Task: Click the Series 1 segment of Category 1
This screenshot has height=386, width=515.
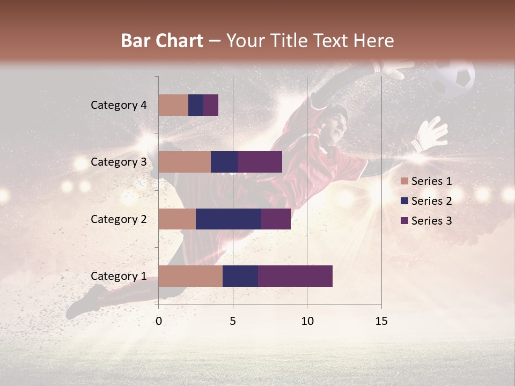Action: pyautogui.click(x=190, y=276)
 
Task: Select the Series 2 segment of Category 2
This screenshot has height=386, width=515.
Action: pyautogui.click(x=229, y=219)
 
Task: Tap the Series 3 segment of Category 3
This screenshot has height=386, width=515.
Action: pyautogui.click(x=260, y=162)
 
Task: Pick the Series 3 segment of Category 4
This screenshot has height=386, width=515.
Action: pyautogui.click(x=211, y=105)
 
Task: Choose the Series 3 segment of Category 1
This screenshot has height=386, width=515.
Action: pyautogui.click(x=295, y=276)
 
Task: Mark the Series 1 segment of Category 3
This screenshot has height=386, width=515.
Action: pyautogui.click(x=185, y=162)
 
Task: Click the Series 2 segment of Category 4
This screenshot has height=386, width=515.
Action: pyautogui.click(x=196, y=105)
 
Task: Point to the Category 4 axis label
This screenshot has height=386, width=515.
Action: pyautogui.click(x=119, y=105)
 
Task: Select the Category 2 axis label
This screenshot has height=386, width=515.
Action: pyautogui.click(x=119, y=219)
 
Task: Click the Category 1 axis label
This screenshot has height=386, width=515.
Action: pyautogui.click(x=119, y=276)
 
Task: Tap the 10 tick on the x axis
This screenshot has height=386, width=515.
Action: pyautogui.click(x=307, y=321)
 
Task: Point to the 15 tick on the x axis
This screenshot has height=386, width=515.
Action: pyautogui.click(x=381, y=321)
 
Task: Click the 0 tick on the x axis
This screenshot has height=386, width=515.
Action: pyautogui.click(x=158, y=321)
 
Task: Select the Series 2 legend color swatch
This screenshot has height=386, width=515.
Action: pyautogui.click(x=404, y=201)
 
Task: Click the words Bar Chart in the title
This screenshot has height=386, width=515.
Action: pyautogui.click(x=162, y=41)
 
